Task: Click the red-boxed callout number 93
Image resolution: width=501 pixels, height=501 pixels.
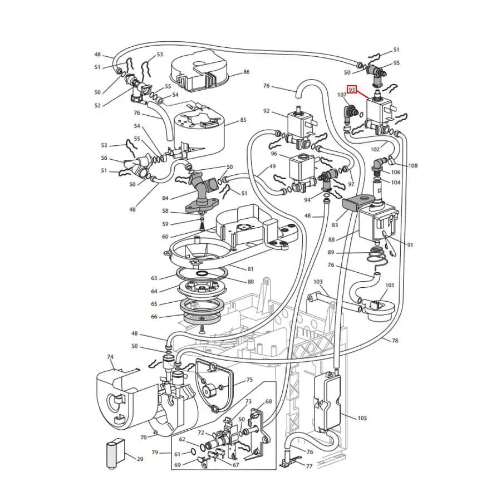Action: point(352,90)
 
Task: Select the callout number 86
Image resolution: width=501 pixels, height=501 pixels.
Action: point(247,72)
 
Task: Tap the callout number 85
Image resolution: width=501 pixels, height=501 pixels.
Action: point(243,120)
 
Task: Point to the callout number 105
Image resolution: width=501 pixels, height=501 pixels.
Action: point(362,418)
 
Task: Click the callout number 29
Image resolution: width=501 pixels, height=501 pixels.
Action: point(140,459)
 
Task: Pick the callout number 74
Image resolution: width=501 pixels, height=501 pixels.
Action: point(110,357)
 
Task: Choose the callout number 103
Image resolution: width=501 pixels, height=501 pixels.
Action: point(318,282)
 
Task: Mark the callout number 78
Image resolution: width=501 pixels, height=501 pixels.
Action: point(395,341)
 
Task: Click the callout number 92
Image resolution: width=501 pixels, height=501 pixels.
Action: point(267,111)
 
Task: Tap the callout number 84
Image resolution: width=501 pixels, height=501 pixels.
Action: point(165,198)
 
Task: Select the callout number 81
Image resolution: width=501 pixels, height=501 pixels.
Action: point(250,269)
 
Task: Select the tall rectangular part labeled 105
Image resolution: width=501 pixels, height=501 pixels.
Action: point(328,402)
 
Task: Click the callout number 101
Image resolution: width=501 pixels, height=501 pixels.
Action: point(390,285)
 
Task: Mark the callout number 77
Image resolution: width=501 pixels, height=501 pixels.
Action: point(309,466)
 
